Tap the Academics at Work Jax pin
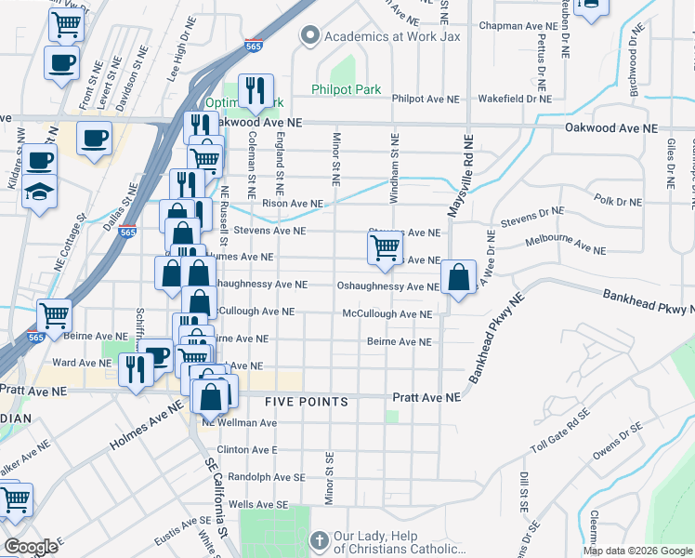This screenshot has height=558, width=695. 308,36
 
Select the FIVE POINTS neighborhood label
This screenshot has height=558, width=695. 306,402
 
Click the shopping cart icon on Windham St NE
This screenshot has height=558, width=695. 385,247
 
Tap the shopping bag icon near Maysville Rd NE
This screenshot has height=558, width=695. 459,277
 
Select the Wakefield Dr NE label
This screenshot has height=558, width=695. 515,98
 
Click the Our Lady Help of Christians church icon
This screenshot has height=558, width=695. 318,540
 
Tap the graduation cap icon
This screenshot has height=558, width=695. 38,192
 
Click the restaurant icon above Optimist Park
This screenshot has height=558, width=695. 256,90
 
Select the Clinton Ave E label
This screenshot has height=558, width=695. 247,449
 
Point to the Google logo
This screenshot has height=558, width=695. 31,547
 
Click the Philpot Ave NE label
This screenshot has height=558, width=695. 426,98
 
